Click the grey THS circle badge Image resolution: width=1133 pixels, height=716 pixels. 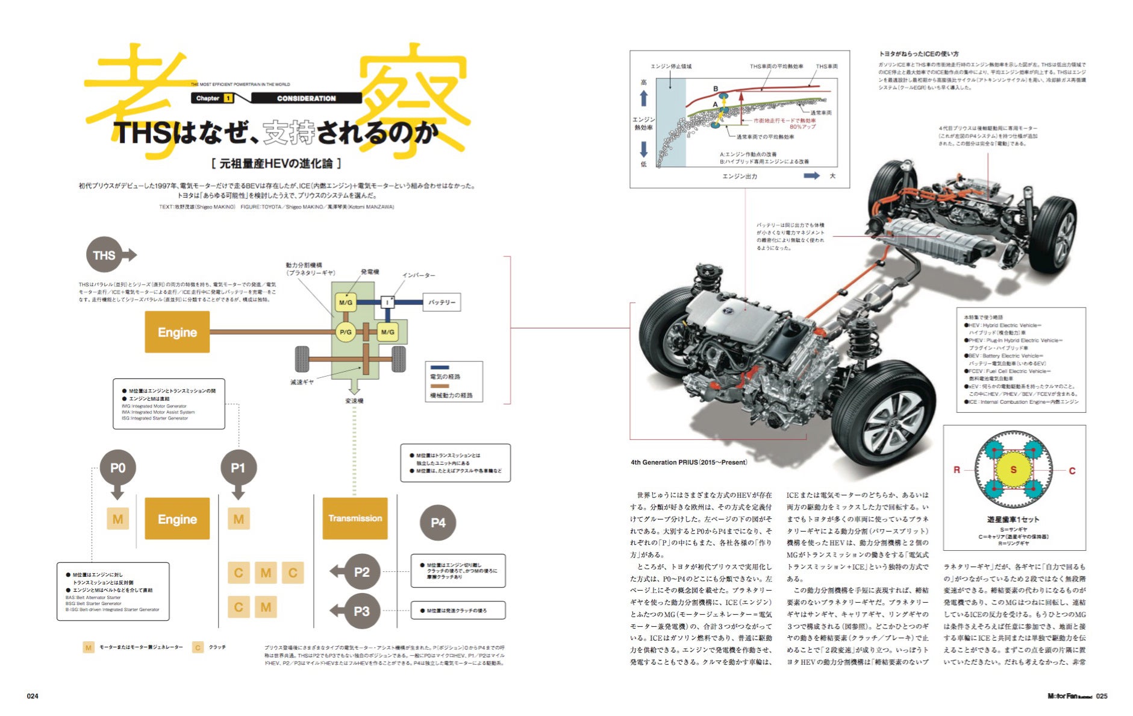(x=104, y=255)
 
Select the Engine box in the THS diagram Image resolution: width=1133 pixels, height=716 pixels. (x=177, y=332)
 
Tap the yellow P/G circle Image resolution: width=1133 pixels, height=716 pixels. (x=346, y=331)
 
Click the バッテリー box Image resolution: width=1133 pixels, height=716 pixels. (x=442, y=302)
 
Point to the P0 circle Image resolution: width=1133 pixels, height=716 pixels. (x=117, y=468)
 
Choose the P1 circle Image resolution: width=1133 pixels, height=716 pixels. (x=238, y=468)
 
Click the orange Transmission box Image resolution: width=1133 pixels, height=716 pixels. (x=355, y=518)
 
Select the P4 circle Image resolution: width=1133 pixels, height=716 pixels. (x=438, y=523)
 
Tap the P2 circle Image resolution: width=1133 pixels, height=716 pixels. (x=361, y=571)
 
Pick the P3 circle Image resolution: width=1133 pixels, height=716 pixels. (x=361, y=611)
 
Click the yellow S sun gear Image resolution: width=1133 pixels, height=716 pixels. (x=1013, y=469)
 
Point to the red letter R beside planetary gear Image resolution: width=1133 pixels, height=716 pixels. (x=957, y=470)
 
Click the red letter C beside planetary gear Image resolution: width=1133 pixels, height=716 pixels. (x=1072, y=471)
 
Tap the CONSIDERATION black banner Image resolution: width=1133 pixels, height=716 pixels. (x=306, y=98)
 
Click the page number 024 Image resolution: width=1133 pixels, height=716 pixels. (x=33, y=696)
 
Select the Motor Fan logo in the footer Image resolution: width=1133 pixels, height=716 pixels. (x=1069, y=696)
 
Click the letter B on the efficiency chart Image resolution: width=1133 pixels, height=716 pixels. (x=716, y=89)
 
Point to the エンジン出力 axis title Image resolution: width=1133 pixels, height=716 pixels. (x=740, y=176)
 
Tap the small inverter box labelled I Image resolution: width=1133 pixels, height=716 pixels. (x=387, y=302)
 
